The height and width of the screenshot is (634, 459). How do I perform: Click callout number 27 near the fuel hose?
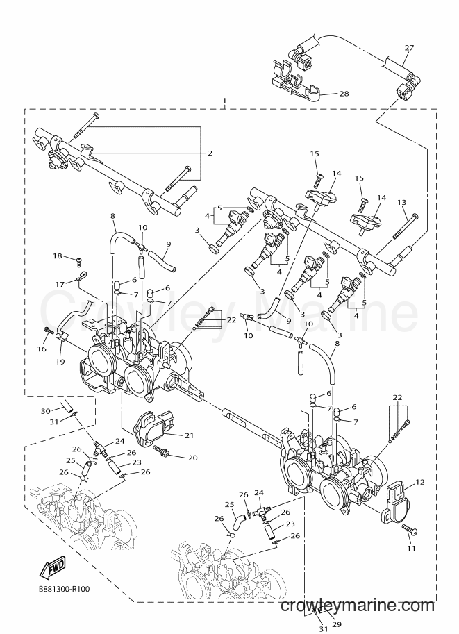point(409,48)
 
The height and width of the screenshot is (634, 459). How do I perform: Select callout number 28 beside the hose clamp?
point(344,94)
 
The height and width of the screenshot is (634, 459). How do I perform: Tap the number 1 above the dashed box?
point(225,100)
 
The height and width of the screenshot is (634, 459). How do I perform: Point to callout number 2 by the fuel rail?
point(210,153)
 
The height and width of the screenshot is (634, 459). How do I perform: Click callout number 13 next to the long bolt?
point(401,202)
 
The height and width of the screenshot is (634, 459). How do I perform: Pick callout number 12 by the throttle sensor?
point(420,482)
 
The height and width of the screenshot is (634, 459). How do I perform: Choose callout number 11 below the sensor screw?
point(411,549)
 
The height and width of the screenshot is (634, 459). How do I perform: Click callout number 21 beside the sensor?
point(189,436)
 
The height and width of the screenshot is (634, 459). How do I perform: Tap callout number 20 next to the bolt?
point(193,458)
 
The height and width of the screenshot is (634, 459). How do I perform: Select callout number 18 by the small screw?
point(58,256)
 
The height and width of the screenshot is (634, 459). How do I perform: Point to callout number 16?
point(42,349)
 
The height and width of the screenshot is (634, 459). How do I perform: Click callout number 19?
point(60,362)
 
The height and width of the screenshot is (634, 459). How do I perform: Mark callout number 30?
point(47,412)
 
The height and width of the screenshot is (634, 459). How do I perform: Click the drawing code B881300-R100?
point(62,589)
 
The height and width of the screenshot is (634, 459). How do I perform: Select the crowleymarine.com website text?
point(357,606)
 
